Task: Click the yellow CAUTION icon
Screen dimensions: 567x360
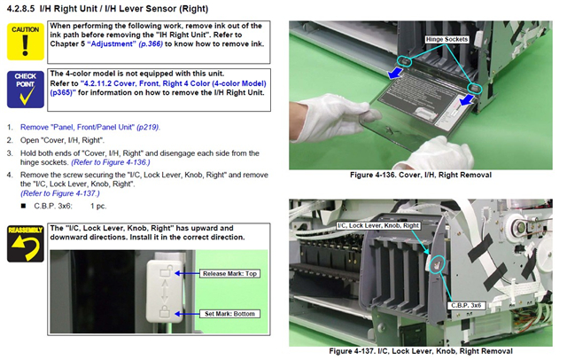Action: pos(26,42)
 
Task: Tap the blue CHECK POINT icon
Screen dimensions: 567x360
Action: pos(26,90)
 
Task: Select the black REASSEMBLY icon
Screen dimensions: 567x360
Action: pos(26,244)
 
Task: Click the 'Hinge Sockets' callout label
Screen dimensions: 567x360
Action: pos(447,39)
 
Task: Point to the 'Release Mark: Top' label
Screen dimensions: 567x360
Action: pos(229,273)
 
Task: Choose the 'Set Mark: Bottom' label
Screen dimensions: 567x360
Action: pos(229,314)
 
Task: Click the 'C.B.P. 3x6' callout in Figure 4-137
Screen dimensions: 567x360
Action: pos(466,305)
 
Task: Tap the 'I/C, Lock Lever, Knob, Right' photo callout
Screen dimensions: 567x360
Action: pos(378,225)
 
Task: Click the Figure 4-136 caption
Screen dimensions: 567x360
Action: pos(421,175)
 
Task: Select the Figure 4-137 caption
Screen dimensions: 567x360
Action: pos(421,351)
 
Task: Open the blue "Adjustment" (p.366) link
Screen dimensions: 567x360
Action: pos(125,43)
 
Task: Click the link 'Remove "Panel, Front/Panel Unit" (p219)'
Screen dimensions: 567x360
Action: pos(90,127)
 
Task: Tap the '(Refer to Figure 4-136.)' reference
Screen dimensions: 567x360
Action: pos(111,162)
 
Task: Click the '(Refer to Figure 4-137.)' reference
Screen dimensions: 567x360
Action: pos(60,193)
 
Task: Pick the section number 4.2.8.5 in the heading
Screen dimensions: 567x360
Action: pos(21,8)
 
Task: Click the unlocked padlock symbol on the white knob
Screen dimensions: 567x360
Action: pos(166,270)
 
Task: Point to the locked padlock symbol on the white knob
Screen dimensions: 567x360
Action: pos(165,311)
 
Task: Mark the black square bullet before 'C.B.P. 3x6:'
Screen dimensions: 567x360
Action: pos(24,206)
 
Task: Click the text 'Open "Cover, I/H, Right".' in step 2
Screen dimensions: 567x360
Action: pos(62,140)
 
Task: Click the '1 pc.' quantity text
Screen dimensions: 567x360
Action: pos(98,206)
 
